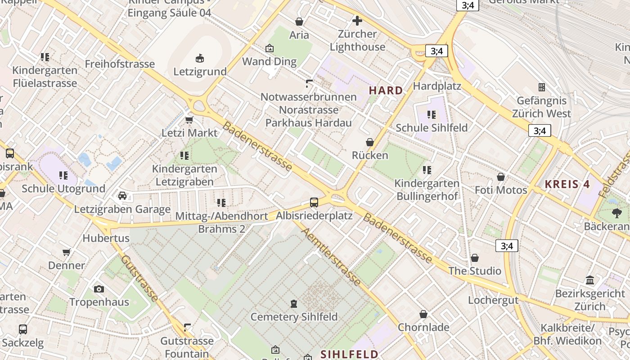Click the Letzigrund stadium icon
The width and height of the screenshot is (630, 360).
click(x=200, y=58)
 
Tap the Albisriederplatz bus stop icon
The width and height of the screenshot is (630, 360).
click(x=314, y=202)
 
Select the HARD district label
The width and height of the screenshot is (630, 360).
click(x=386, y=90)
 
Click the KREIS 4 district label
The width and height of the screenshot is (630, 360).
click(x=567, y=184)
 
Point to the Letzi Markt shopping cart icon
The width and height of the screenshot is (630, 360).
click(x=189, y=120)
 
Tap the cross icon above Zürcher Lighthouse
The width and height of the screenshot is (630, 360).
click(x=357, y=21)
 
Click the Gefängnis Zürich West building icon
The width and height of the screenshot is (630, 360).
click(x=542, y=87)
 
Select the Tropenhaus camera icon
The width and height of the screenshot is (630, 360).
click(x=99, y=289)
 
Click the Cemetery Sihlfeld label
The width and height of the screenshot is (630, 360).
click(x=294, y=317)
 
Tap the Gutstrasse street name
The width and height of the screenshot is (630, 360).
click(x=139, y=278)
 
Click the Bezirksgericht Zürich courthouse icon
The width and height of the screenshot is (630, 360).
click(x=590, y=280)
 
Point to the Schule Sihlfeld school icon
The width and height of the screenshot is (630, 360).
click(x=432, y=114)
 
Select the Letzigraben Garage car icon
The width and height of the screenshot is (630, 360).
click(x=122, y=196)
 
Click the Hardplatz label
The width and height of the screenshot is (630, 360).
click(x=437, y=86)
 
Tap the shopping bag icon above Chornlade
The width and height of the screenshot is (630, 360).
click(x=423, y=314)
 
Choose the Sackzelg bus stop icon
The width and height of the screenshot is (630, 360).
click(x=23, y=329)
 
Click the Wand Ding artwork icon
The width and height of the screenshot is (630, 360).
click(x=270, y=48)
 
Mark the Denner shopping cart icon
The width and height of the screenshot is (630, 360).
click(x=67, y=252)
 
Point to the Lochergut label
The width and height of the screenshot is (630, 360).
click(x=493, y=300)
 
